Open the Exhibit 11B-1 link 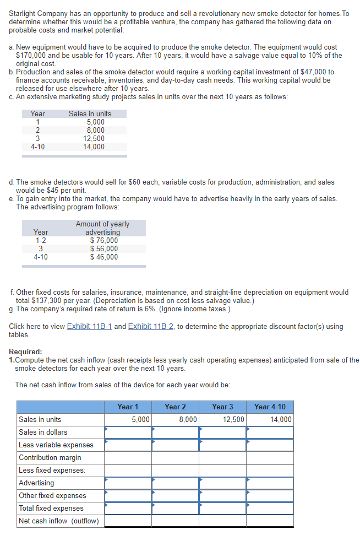pyautogui.click(x=89, y=326)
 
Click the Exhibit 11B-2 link pyautogui.click(x=151, y=326)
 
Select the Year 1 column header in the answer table pyautogui.click(x=128, y=407)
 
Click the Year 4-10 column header pyautogui.click(x=270, y=407)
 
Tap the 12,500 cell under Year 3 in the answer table pyautogui.click(x=222, y=419)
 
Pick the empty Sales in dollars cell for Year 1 pyautogui.click(x=128, y=432)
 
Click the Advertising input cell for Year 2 pyautogui.click(x=175, y=483)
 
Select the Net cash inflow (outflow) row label pyautogui.click(x=58, y=521)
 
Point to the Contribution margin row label pyautogui.click(x=50, y=457)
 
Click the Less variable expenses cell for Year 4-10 pyautogui.click(x=270, y=445)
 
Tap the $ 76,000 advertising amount pyautogui.click(x=103, y=240)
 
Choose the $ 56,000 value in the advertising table pyautogui.click(x=103, y=248)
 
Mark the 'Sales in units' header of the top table pyautogui.click(x=90, y=113)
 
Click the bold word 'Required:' pyautogui.click(x=25, y=351)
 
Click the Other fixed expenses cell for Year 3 pyautogui.click(x=222, y=495)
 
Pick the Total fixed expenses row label pyautogui.click(x=51, y=508)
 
